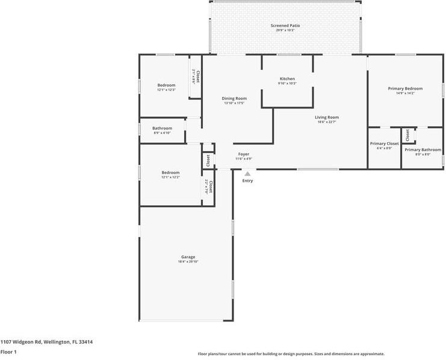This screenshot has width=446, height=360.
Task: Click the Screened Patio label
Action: [285, 26]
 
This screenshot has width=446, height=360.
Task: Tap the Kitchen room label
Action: [287, 79]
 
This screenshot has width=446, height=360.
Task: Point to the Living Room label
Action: [327, 117]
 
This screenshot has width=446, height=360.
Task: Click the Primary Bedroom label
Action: [405, 88]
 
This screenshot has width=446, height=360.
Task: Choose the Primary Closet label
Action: [384, 143]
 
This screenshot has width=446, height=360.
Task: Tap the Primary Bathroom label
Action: [423, 149]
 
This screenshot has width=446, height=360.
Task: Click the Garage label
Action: [188, 257]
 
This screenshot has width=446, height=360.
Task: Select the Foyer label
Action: [244, 154]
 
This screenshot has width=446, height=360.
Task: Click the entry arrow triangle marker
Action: [247, 174]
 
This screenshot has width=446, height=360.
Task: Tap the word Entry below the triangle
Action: [247, 181]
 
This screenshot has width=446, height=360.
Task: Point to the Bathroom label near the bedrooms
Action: [162, 128]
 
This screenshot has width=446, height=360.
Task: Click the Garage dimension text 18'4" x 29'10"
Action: [188, 262]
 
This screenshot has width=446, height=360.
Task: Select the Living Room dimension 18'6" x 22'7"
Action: [327, 122]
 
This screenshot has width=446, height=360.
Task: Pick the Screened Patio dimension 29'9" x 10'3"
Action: [285, 31]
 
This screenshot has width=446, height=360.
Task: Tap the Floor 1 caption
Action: [8, 352]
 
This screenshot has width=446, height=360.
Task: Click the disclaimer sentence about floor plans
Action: [291, 354]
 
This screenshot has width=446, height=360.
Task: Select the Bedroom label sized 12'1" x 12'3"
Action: [166, 85]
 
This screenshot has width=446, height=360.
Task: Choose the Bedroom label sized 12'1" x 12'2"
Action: [170, 172]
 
